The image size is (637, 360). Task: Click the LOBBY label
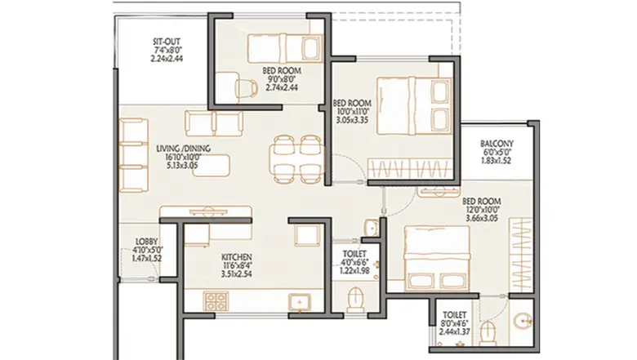tap(147, 241)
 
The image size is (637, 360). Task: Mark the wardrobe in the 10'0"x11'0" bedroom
tap(408, 169)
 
